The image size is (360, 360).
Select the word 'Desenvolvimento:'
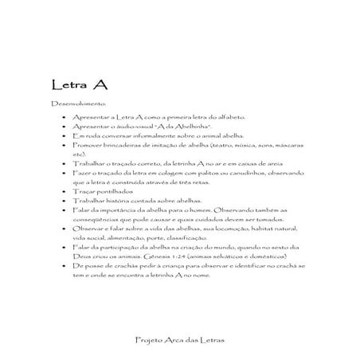point(72,104)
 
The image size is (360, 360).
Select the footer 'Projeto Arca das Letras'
point(180,339)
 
